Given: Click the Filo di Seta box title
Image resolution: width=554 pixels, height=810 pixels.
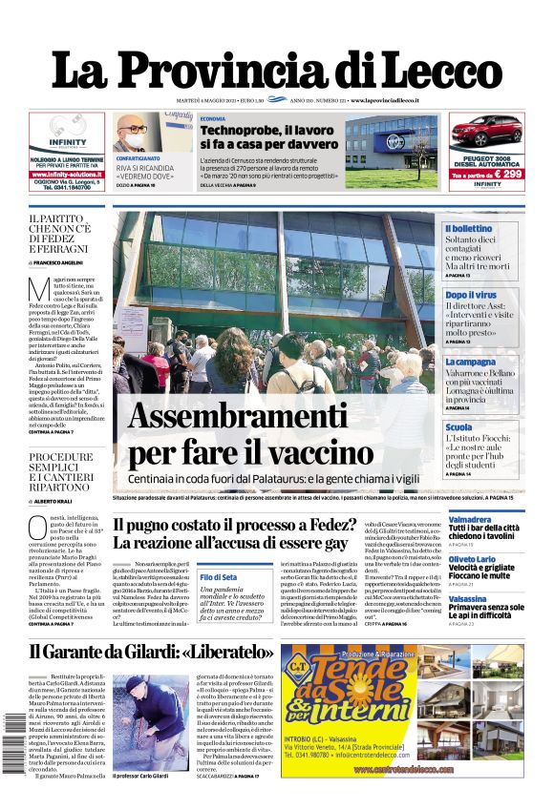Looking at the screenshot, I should click(x=219, y=577).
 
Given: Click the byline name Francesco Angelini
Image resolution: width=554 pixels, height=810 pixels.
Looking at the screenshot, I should click(x=59, y=261).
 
